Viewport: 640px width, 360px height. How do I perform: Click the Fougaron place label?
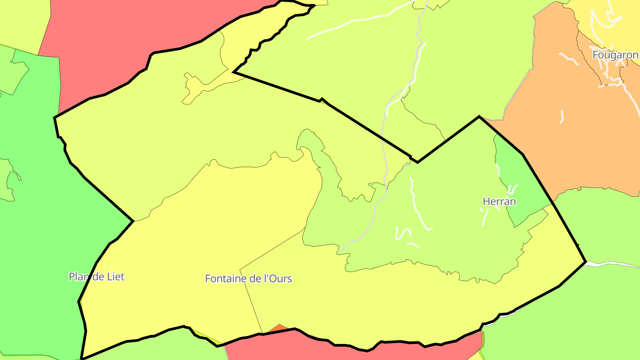(615, 55)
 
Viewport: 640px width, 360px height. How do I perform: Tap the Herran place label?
(499, 201)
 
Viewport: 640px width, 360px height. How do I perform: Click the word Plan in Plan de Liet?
(78, 276)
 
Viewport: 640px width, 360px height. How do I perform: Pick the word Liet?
(116, 276)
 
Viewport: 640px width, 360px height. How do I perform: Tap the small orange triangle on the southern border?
(279, 328)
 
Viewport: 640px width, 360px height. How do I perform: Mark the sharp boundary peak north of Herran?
(479, 117)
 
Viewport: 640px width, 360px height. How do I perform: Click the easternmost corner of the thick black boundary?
(585, 262)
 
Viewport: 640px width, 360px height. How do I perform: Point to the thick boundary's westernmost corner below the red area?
(55, 118)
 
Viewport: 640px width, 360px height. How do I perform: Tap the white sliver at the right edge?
(622, 264)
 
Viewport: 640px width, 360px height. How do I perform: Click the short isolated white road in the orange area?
(562, 116)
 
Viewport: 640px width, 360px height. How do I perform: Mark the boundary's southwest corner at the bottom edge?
(82, 358)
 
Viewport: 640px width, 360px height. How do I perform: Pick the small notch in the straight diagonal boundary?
(321, 100)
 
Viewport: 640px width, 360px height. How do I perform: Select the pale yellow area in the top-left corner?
(22, 20)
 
